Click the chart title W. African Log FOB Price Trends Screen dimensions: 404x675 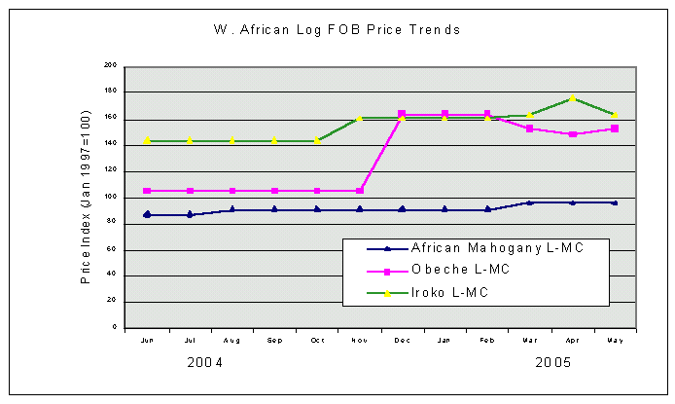pyautogui.click(x=337, y=30)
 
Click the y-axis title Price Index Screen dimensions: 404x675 pyautogui.click(x=86, y=196)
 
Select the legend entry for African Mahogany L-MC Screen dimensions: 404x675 pyautogui.click(x=496, y=247)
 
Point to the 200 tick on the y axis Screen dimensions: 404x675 pyautogui.click(x=110, y=65)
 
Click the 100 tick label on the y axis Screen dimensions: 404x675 pyautogui.click(x=110, y=197)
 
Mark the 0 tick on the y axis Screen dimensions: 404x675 pyautogui.click(x=114, y=328)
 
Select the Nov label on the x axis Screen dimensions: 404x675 pyautogui.click(x=360, y=341)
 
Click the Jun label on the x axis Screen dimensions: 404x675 pyautogui.click(x=147, y=341)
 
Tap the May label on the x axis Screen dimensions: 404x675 pyautogui.click(x=615, y=341)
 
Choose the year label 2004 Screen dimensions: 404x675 pyautogui.click(x=205, y=363)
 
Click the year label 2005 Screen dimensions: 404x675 pyautogui.click(x=553, y=363)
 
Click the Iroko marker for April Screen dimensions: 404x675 pyautogui.click(x=572, y=98)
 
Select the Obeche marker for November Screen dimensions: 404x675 pyautogui.click(x=360, y=191)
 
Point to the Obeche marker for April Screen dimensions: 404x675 pyautogui.click(x=572, y=133)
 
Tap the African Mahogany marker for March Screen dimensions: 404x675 pyautogui.click(x=530, y=202)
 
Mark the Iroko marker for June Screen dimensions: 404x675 pyautogui.click(x=147, y=140)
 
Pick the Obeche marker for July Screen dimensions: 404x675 pyautogui.click(x=190, y=191)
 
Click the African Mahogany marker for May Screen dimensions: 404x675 pyautogui.click(x=615, y=202)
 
